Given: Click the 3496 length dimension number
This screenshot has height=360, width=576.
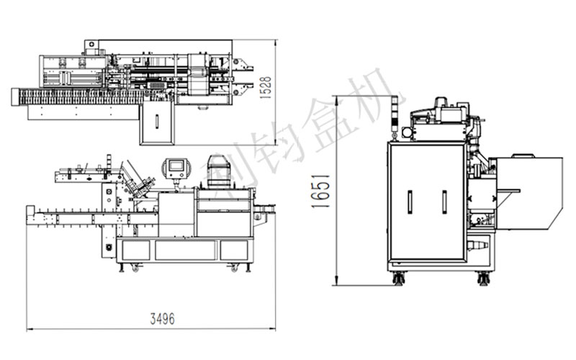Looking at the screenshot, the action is pyautogui.click(x=163, y=318).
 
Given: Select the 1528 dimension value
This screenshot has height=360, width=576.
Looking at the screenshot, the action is pyautogui.click(x=265, y=88).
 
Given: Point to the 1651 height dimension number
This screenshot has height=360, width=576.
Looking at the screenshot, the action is pyautogui.click(x=320, y=192).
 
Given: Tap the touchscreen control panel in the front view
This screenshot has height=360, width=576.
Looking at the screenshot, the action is pyautogui.click(x=176, y=168).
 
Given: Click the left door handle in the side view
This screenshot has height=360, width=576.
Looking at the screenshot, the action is pyautogui.click(x=410, y=202).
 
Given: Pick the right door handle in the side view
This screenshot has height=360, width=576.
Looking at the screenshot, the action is pyautogui.click(x=444, y=202).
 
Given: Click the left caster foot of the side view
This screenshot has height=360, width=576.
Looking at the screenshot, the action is pyautogui.click(x=399, y=278).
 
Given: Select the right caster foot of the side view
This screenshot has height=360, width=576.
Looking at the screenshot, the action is pyautogui.click(x=483, y=278).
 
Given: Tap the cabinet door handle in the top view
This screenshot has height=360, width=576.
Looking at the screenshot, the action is pyautogui.click(x=157, y=121).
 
